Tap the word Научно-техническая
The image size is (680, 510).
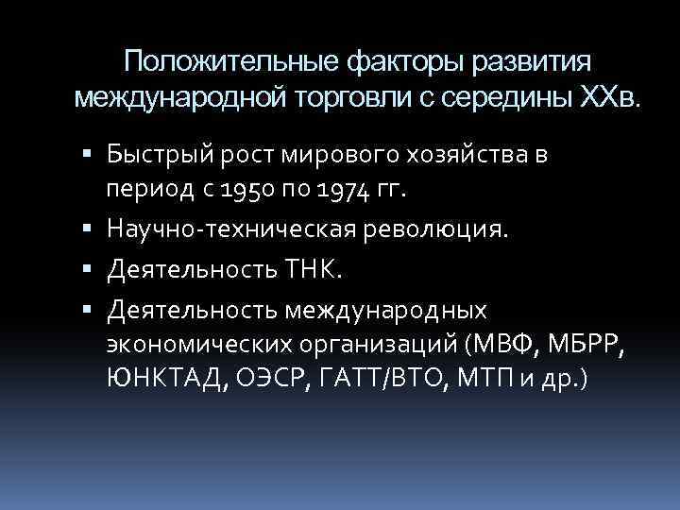(x=245, y=229)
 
